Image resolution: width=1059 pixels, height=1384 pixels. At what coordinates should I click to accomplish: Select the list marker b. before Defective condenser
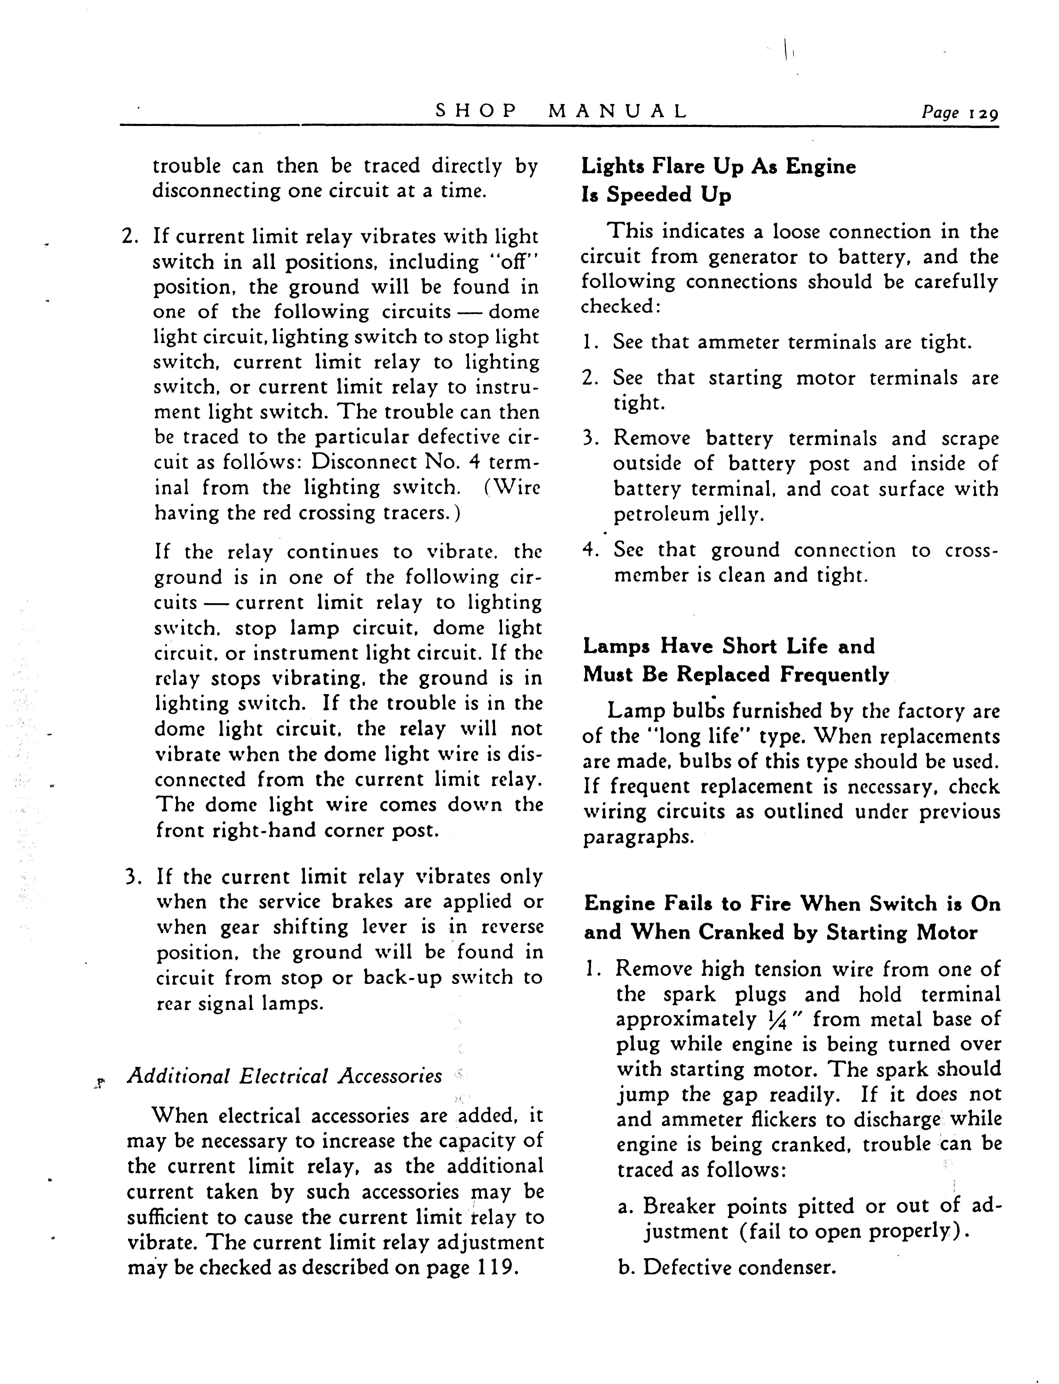[626, 1267]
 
